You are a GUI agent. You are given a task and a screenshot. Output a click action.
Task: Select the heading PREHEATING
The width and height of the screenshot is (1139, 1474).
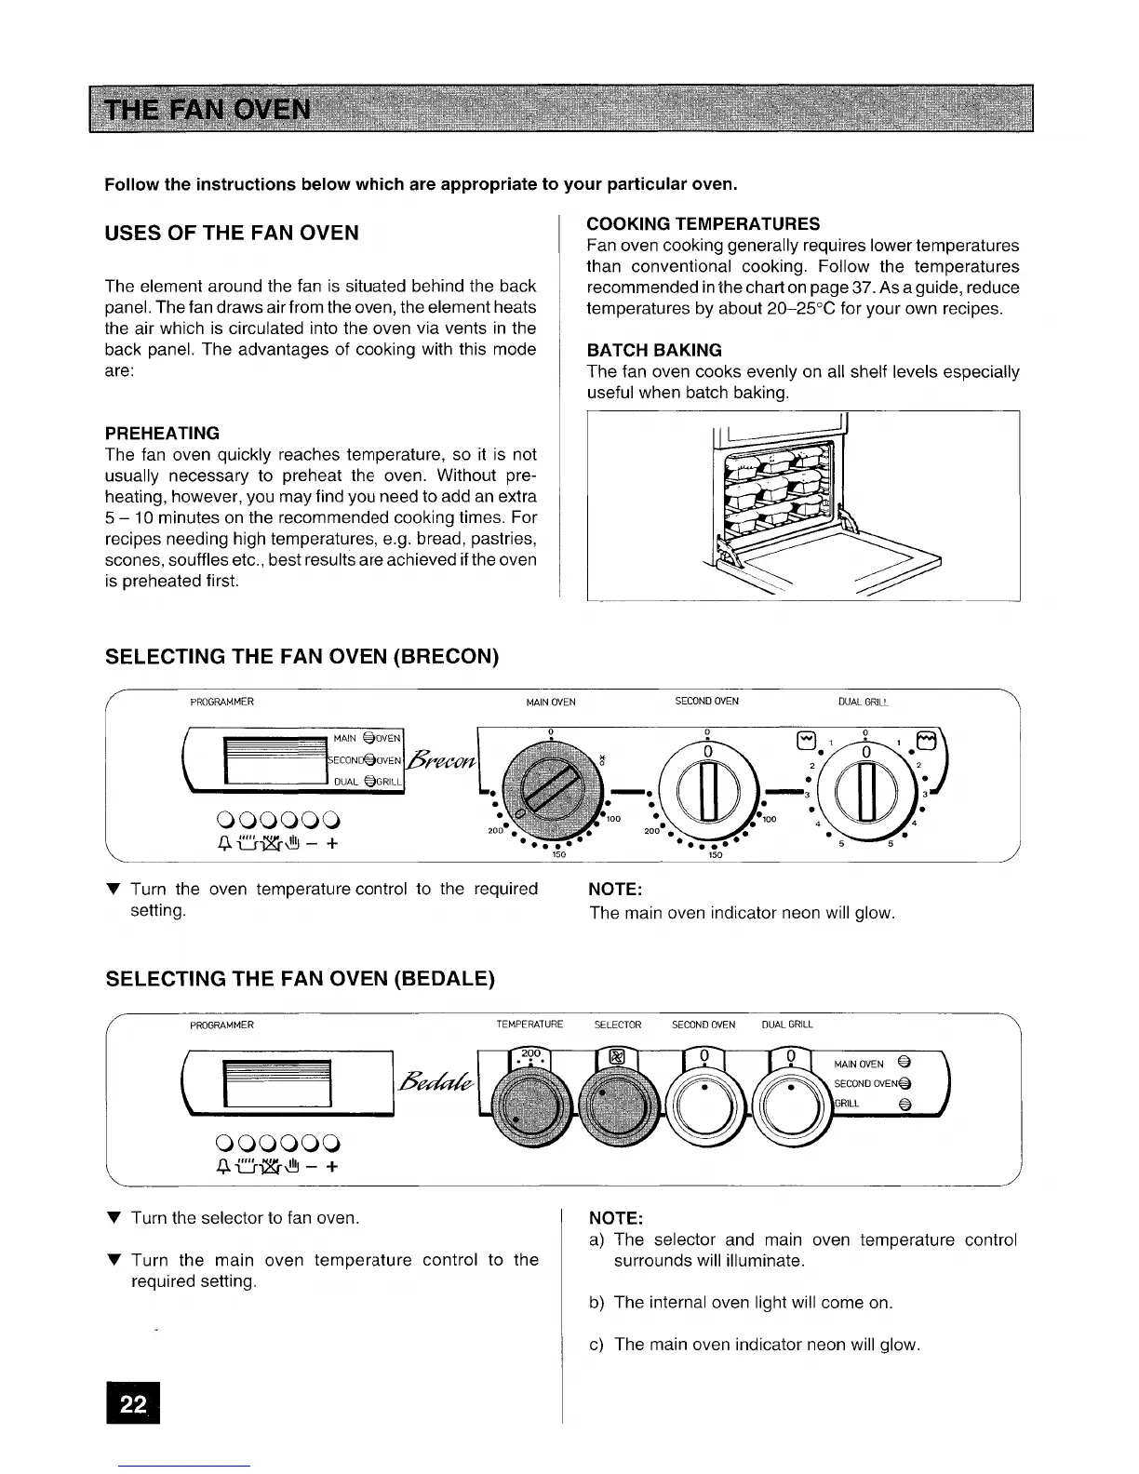[162, 434]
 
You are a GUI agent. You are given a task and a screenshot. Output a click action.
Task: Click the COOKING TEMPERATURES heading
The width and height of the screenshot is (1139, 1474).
[703, 224]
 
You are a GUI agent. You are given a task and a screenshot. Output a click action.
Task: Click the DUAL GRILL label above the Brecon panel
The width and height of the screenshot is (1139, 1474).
[865, 702]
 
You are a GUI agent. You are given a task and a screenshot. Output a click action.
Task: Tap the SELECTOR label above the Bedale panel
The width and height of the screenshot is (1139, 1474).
[618, 1025]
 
